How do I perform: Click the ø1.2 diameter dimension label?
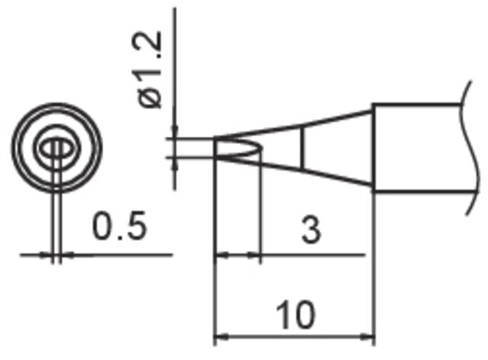tap(149, 69)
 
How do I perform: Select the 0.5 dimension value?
tap(120, 226)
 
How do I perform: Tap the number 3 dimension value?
tap(311, 230)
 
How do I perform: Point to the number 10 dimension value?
tap(295, 314)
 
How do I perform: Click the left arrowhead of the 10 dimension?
tap(221, 336)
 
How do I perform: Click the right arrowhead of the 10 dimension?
tap(368, 336)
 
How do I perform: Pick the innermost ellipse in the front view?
tap(56, 148)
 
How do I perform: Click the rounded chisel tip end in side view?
tap(259, 148)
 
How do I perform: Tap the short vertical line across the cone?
tap(302, 148)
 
